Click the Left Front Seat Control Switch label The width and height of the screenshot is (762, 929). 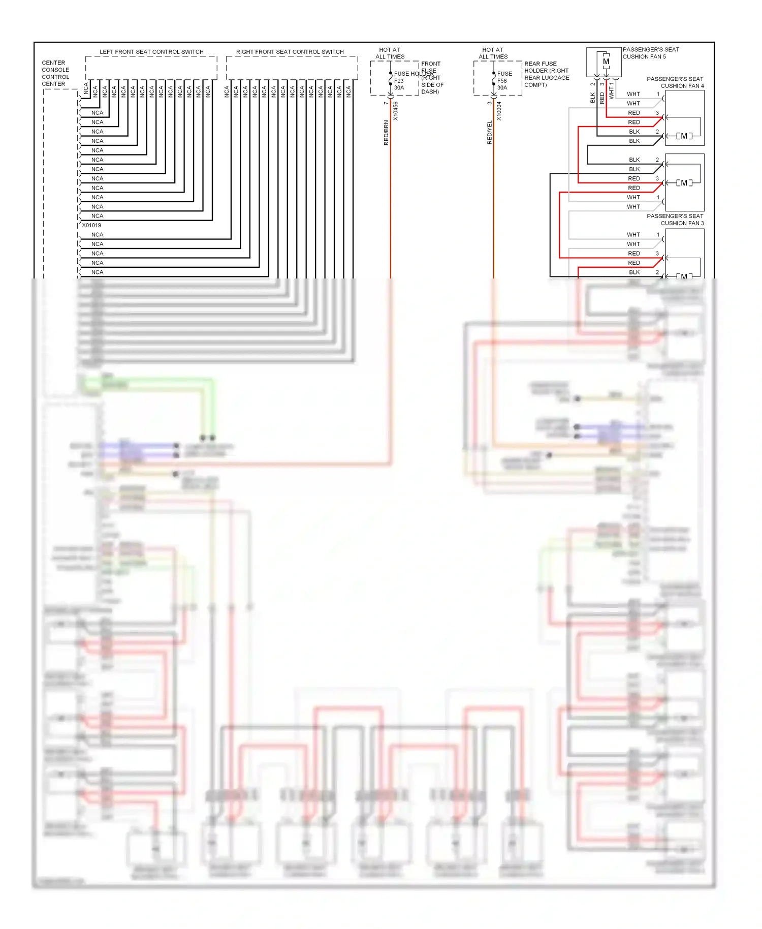[151, 52]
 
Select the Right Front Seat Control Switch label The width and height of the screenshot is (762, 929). [290, 52]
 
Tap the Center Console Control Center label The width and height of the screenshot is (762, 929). [55, 73]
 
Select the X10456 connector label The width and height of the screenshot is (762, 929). [396, 111]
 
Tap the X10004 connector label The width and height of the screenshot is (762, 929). [499, 111]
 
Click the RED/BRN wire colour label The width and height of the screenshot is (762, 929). [386, 133]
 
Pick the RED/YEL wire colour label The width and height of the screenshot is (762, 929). [490, 133]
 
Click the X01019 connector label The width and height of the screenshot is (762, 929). [92, 225]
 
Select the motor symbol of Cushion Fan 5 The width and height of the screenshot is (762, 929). [606, 61]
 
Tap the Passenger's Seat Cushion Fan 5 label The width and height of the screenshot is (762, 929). [650, 53]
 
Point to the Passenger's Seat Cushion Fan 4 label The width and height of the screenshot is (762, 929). [675, 82]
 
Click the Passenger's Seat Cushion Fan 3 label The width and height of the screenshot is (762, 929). [675, 220]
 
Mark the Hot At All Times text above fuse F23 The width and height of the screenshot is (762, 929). [390, 53]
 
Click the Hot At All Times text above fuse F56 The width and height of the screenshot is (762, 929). [493, 53]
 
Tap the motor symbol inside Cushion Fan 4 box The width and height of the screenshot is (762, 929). [684, 136]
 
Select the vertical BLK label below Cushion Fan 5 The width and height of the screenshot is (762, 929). [593, 97]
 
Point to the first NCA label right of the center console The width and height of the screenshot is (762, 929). [86, 88]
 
